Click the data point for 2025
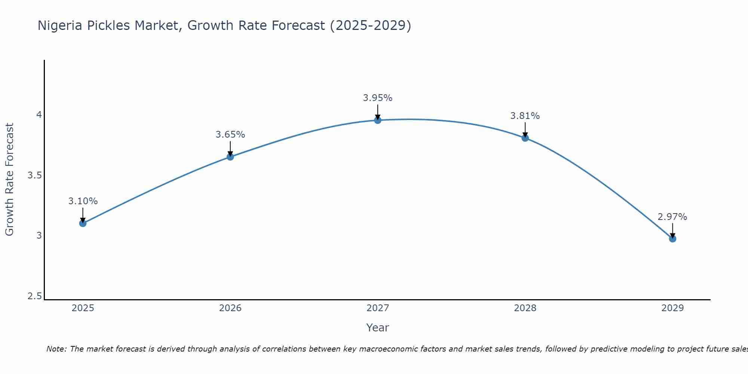(83, 223)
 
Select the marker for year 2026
(230, 157)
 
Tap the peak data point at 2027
(378, 120)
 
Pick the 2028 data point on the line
(525, 138)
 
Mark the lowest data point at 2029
(672, 239)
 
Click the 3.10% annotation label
(83, 201)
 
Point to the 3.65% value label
(230, 135)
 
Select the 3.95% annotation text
(378, 98)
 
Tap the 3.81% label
(525, 116)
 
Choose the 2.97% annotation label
(672, 217)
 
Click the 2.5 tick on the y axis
(35, 296)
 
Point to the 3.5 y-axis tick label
(35, 175)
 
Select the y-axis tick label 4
(39, 114)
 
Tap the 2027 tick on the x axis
(378, 308)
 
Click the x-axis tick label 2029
(672, 308)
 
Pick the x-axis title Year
(378, 328)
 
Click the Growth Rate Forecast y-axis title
(9, 180)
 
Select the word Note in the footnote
(56, 349)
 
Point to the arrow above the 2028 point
(525, 129)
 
